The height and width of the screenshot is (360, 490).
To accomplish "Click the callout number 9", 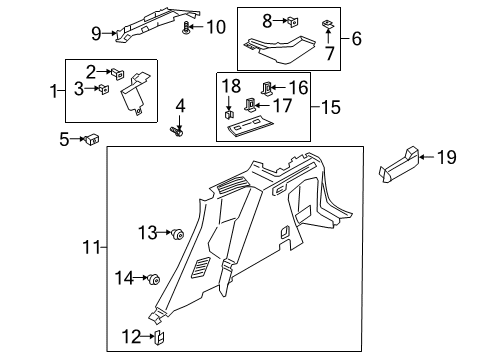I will pos(96,34).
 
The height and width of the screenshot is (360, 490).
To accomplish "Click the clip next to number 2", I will pos(118,73).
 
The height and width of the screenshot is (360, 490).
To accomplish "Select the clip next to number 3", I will pos(102,89).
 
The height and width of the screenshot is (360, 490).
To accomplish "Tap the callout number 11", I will pos(91,247).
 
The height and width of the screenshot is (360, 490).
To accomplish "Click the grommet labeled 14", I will pos(155,278).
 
